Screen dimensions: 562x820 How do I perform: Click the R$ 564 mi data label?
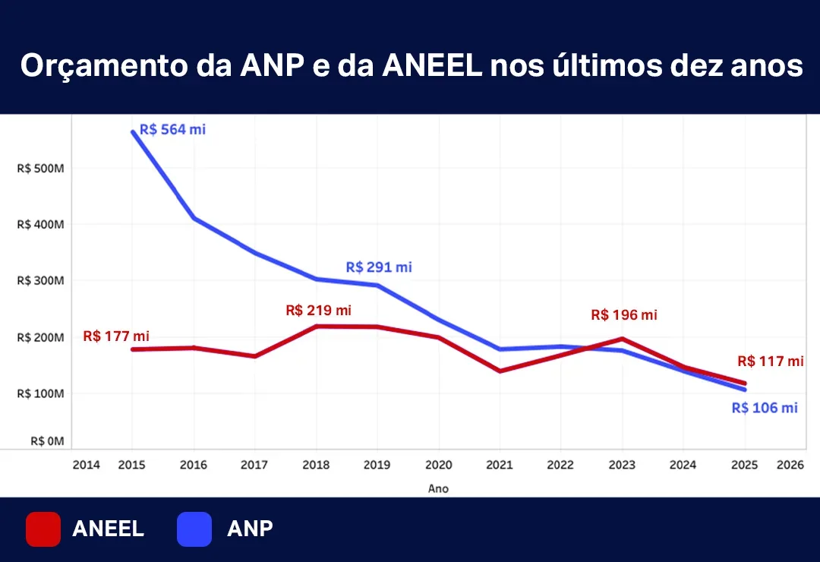pos(172,129)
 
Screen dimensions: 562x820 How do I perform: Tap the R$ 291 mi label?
pos(379,267)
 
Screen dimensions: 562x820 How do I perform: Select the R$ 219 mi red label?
pos(319,310)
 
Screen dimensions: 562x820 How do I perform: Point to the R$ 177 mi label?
pos(116,336)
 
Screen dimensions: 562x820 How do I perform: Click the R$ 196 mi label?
pos(624,314)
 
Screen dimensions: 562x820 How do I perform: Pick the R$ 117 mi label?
pos(770,362)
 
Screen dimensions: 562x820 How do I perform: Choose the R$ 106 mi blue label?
pos(765,408)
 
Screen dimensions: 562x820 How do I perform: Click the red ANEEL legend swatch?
pos(43,529)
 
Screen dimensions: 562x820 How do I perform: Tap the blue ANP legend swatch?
pos(194,529)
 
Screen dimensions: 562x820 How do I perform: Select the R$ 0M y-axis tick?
pos(47,440)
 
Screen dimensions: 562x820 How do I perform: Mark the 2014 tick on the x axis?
pos(86,465)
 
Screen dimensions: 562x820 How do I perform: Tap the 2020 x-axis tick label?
pos(438,465)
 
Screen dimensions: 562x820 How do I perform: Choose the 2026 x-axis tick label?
pos(790,465)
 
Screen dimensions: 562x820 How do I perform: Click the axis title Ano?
pos(438,488)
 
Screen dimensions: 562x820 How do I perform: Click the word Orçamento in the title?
pos(96,67)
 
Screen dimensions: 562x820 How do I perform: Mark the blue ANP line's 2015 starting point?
pos(132,131)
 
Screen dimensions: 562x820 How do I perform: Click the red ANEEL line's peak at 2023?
pos(623,339)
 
